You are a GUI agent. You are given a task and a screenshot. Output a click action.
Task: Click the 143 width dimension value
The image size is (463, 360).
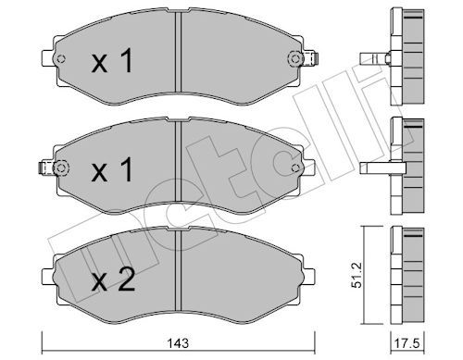pos(179,343)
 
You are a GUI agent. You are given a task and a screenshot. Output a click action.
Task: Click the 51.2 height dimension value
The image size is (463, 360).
pos(357,275)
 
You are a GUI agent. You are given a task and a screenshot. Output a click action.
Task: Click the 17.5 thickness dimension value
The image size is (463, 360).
pos(407,343)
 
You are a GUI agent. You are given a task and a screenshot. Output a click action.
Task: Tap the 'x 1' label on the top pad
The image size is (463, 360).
pos(113,61)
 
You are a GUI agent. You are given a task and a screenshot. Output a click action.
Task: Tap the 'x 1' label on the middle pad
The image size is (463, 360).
pos(113,169)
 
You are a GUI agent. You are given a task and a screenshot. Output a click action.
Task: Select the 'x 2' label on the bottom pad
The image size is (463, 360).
pos(113,279)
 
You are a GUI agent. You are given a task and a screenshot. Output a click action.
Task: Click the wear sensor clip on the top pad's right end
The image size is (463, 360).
pos(311,58)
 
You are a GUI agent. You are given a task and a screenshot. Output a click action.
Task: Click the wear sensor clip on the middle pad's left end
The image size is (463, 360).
pos(45,168)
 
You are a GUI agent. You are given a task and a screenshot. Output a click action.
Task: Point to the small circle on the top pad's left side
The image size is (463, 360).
pos(61,58)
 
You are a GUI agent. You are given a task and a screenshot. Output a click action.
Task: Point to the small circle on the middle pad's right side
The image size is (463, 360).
pos(295,168)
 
